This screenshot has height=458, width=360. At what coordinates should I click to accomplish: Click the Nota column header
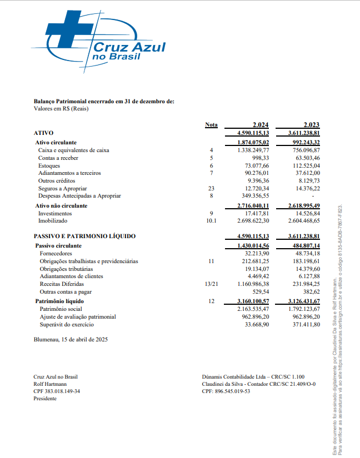tap(211, 124)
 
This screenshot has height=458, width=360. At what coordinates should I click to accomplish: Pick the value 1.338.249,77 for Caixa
tap(253, 150)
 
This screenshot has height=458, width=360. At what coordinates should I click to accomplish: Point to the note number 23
tap(211, 188)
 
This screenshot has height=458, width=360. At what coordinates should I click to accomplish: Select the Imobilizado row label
tap(52, 221)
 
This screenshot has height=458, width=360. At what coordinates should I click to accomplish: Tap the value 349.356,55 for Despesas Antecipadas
tap(255, 196)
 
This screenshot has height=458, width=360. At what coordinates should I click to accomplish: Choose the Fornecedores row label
tap(56, 253)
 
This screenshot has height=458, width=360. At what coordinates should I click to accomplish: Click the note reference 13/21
tap(211, 284)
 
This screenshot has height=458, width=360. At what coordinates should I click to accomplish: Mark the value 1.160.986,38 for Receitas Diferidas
tap(253, 284)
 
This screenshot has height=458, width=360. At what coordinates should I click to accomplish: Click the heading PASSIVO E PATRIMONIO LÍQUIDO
tap(84, 236)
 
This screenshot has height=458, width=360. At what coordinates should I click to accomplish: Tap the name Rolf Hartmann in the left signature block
tap(51, 384)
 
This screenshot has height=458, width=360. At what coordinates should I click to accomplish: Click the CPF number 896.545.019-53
tap(234, 391)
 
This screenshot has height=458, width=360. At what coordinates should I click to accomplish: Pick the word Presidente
tap(46, 398)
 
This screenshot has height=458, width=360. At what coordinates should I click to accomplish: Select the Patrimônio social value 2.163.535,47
tap(253, 309)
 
